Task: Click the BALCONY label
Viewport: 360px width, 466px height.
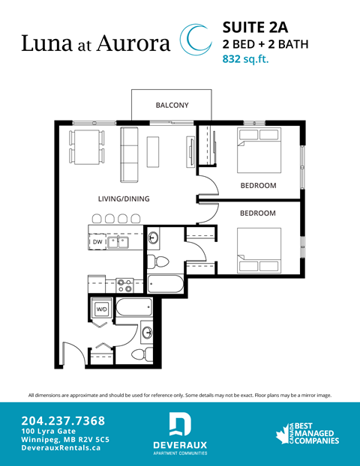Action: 172,105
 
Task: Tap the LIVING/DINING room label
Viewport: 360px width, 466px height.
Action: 124,199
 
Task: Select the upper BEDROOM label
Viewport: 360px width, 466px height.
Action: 258,185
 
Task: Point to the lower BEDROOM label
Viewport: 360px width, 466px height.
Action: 258,213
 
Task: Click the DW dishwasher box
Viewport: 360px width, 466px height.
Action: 97,243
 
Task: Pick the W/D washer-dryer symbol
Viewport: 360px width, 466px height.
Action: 101,307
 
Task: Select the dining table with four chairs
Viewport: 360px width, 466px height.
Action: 86,146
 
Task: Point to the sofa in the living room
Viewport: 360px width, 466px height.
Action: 130,154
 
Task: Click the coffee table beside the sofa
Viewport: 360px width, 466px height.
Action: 154,152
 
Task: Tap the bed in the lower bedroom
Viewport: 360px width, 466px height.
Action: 258,252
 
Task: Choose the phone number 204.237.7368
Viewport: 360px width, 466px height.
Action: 63,420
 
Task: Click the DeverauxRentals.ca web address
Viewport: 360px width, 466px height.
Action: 61,447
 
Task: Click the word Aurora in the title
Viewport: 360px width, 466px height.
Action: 131,43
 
